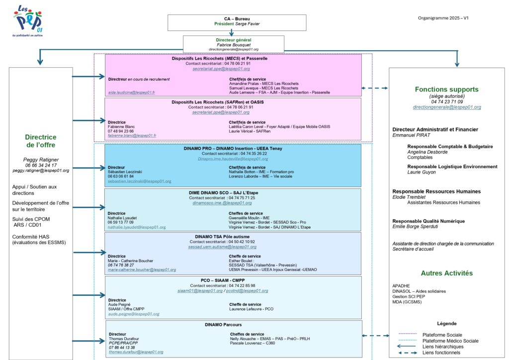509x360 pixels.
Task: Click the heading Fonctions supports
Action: pyautogui.click(x=447, y=90)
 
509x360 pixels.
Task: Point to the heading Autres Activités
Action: pyautogui.click(x=446, y=273)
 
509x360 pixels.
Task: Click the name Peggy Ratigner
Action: pyautogui.click(x=41, y=160)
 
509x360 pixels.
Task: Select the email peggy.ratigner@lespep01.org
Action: pyautogui.click(x=41, y=171)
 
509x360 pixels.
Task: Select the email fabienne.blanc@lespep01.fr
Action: pyautogui.click(x=132, y=135)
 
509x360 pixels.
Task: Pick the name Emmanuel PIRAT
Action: pyautogui.click(x=412, y=135)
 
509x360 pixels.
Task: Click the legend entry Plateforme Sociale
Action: pyautogui.click(x=442, y=335)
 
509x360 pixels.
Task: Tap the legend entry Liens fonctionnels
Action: pyautogui.click(x=441, y=353)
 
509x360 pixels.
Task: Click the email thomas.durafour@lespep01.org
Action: pyautogui.click(x=136, y=352)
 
